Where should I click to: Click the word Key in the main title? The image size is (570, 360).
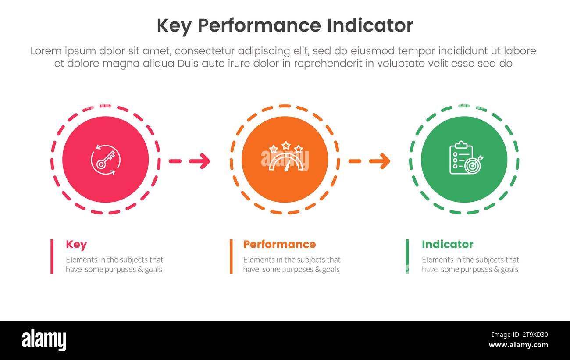pyautogui.click(x=174, y=26)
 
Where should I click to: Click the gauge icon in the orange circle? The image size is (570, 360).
pyautogui.click(x=285, y=161)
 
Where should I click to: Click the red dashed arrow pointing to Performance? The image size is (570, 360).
pyautogui.click(x=190, y=161)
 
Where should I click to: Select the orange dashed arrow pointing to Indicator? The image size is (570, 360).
pyautogui.click(x=369, y=161)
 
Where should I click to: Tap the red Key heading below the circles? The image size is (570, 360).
pyautogui.click(x=76, y=245)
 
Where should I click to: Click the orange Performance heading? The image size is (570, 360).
pyautogui.click(x=279, y=244)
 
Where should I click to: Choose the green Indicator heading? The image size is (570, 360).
pyautogui.click(x=447, y=244)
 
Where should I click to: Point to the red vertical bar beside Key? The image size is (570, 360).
pyautogui.click(x=52, y=256)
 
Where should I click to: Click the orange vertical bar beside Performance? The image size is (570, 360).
pyautogui.click(x=231, y=256)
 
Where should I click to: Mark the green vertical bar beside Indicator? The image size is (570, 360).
pyautogui.click(x=407, y=256)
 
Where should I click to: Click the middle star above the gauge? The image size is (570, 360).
pyautogui.click(x=286, y=145)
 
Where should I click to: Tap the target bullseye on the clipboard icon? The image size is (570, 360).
pyautogui.click(x=473, y=166)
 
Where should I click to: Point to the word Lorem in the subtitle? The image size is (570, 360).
pyautogui.click(x=46, y=51)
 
